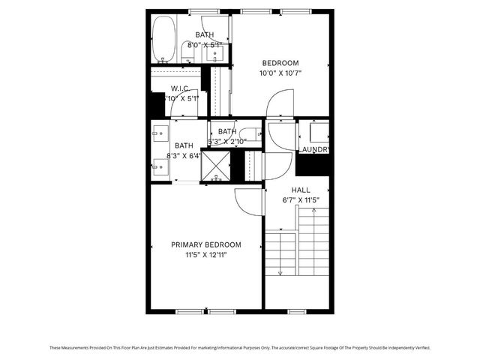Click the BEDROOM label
pyautogui.click(x=280, y=63)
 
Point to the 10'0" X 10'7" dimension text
pyautogui.click(x=280, y=73)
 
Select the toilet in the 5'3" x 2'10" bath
pyautogui.click(x=250, y=135)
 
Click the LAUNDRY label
pyautogui.click(x=314, y=150)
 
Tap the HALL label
pyautogui.click(x=301, y=190)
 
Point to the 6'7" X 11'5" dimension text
pyautogui.click(x=301, y=200)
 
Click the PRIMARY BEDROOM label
pyautogui.click(x=206, y=245)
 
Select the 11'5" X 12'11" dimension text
pyautogui.click(x=206, y=256)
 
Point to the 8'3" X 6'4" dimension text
pyautogui.click(x=184, y=156)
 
